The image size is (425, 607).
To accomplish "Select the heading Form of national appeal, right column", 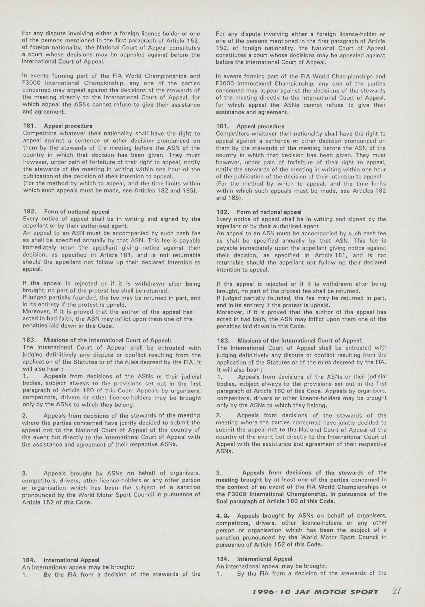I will point(269,212).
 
